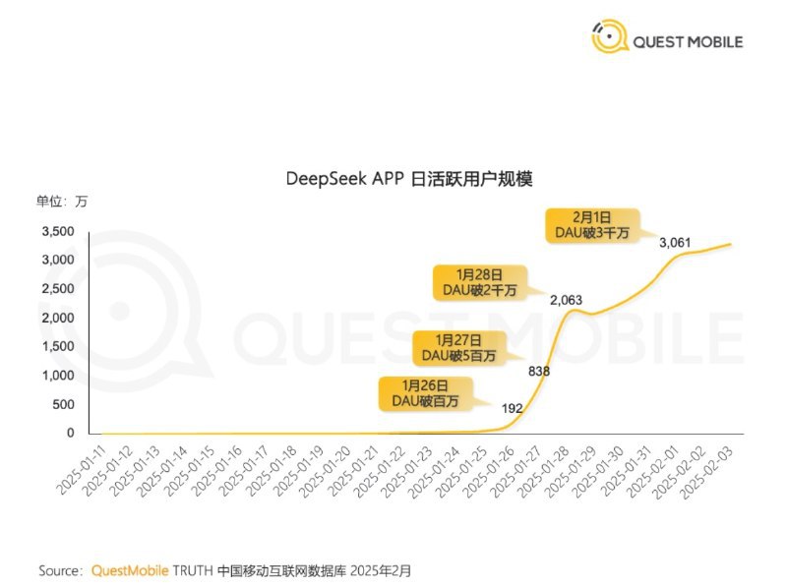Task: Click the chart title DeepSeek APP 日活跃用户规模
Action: (x=407, y=179)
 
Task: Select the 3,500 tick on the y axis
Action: (x=58, y=232)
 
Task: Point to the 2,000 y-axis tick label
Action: (x=58, y=318)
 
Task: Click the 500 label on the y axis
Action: (x=63, y=404)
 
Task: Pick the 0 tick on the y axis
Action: (x=71, y=433)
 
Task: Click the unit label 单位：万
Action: (x=62, y=202)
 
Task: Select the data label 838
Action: (x=539, y=371)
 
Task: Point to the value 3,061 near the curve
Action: (x=678, y=242)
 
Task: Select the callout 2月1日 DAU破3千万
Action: (x=592, y=223)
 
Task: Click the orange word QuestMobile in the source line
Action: (x=130, y=570)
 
